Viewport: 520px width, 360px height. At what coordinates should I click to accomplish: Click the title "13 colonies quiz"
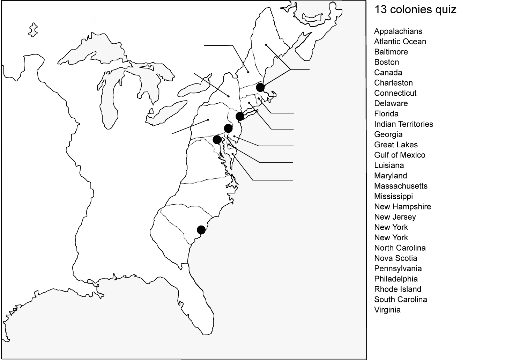coord(415,9)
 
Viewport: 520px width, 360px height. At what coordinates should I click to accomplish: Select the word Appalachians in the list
coord(398,31)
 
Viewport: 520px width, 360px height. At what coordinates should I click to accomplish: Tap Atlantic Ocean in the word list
coord(400,42)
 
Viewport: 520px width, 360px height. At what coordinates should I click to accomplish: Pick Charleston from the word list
coord(393,83)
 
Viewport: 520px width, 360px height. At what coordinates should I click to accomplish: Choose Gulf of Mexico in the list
coord(400,155)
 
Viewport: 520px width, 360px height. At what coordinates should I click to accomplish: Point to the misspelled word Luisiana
coord(389,165)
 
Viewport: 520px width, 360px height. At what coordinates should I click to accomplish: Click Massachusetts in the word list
coord(401,186)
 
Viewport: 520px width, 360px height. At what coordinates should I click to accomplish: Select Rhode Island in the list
coord(398,289)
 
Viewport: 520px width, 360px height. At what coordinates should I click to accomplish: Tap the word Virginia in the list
coord(387,310)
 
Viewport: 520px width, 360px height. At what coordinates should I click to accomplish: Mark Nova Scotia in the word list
coord(395,258)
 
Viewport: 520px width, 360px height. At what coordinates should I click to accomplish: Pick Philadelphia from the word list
coord(396,279)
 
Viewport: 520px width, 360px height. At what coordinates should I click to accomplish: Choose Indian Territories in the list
coord(403,124)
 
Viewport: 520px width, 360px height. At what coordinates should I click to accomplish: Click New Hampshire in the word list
coord(402,206)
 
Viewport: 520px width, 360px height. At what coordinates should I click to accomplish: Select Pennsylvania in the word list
coord(398,269)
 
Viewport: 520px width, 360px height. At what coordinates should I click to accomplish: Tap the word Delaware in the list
coord(391,103)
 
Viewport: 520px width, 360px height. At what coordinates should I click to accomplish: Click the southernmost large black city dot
coord(201,230)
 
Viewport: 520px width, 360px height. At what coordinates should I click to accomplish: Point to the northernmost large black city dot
coord(260,87)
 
